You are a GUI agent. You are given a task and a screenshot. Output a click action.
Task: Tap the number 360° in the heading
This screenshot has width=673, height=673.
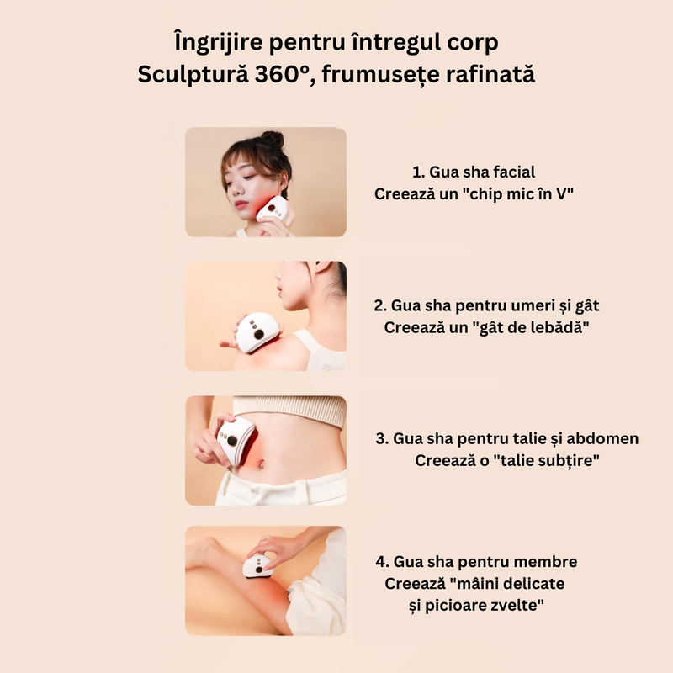pos(282,75)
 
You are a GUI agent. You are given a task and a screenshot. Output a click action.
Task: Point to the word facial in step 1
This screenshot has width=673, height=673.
pos(514,172)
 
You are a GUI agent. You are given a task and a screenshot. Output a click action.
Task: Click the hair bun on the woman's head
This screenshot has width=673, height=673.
pos(273,140)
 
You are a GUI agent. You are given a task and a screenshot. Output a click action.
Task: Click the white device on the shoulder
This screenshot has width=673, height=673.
pos(257,332)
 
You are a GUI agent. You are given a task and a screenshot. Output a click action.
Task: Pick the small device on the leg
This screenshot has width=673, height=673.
pos(258,566)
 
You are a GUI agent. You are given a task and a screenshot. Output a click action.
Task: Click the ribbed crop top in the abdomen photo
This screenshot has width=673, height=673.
pos(289,409)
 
